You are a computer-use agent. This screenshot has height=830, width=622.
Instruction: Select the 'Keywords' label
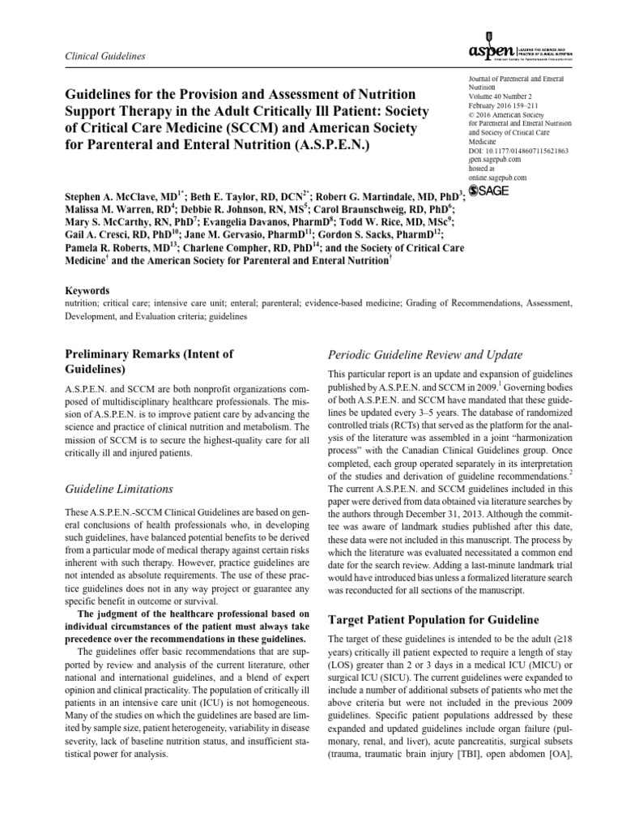85,290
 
